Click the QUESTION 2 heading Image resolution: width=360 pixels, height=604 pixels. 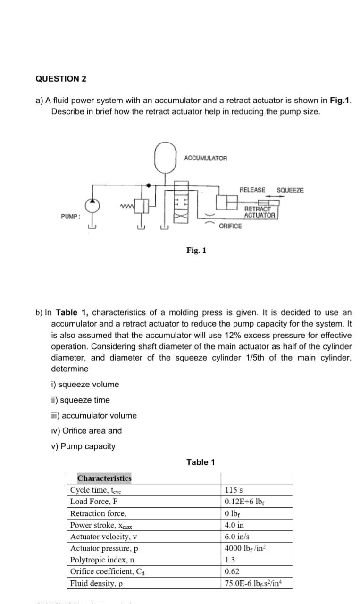pos(61,79)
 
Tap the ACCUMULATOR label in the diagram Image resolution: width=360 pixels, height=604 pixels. pos(205,158)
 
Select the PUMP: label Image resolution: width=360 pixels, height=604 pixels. pos(70,217)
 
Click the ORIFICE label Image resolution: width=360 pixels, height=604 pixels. pos(230,226)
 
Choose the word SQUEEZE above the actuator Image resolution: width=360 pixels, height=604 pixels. pos(290,190)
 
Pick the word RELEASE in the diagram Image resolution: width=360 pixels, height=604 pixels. pos(252,190)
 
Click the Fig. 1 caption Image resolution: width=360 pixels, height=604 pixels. pos(196,250)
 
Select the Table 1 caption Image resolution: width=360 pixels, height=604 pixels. pos(201,462)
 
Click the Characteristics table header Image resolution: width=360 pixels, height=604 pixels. pos(104,478)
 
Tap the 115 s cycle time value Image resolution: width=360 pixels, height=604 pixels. pos(234,490)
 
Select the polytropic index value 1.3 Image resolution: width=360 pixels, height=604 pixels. pos(231,560)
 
